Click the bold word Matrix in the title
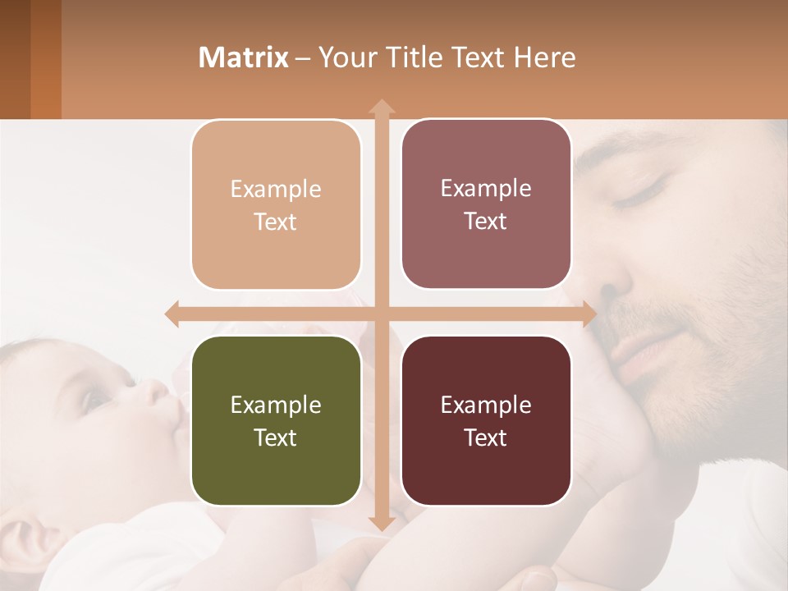coord(243,57)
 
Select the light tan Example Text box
coord(276,204)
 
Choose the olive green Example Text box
coord(276,420)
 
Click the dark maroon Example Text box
coord(486,420)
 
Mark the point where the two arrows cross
coord(381,314)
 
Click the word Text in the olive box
coord(276,438)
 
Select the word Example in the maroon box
coord(486,405)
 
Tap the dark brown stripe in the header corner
coord(15,59)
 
